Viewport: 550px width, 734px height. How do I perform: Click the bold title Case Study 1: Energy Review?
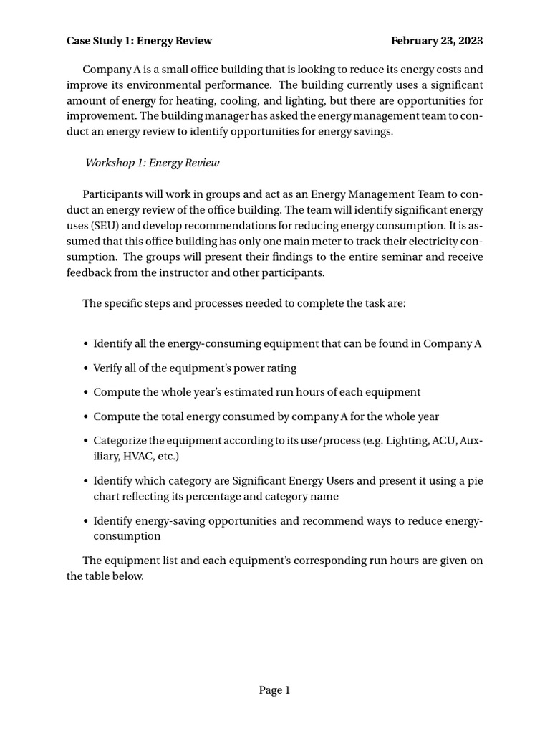(x=139, y=41)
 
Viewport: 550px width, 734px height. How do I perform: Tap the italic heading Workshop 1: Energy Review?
(x=153, y=163)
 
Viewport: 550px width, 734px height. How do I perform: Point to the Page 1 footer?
(x=274, y=690)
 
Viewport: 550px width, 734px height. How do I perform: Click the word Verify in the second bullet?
(x=108, y=368)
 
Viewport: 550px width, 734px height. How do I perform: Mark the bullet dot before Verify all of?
(x=86, y=368)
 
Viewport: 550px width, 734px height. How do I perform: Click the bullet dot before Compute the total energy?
(x=86, y=416)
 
